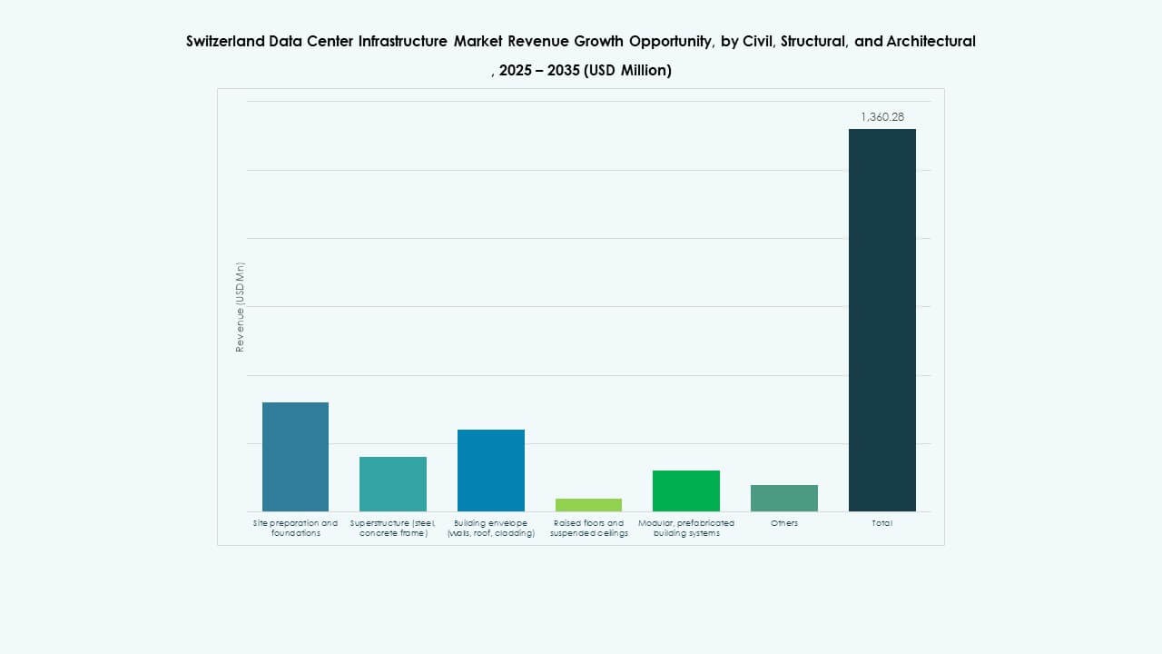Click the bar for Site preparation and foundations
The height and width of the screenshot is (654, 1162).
click(x=295, y=457)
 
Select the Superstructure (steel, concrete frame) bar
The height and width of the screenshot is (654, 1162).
click(x=393, y=484)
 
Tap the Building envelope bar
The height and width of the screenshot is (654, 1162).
click(x=491, y=471)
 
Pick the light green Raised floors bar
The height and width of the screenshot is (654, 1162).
click(x=588, y=505)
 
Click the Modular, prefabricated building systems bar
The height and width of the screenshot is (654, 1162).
click(x=686, y=490)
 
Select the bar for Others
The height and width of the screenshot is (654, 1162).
click(x=784, y=498)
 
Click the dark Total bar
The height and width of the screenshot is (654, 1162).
click(x=882, y=320)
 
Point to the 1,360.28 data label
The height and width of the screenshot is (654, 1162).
click(x=882, y=117)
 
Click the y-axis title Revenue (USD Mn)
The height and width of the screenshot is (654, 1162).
click(x=241, y=307)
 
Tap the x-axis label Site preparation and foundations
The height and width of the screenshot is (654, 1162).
click(x=295, y=528)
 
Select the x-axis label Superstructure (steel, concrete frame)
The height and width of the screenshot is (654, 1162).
click(x=393, y=528)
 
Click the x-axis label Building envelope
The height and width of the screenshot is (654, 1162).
click(x=491, y=528)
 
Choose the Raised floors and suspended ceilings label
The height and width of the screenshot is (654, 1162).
click(x=588, y=528)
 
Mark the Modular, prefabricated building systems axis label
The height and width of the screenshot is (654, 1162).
click(x=686, y=528)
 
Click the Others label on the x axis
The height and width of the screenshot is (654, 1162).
click(x=784, y=523)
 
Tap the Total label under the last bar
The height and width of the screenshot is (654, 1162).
click(x=882, y=523)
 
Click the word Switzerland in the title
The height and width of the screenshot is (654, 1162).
click(x=225, y=41)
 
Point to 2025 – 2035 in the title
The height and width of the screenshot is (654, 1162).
click(x=540, y=70)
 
